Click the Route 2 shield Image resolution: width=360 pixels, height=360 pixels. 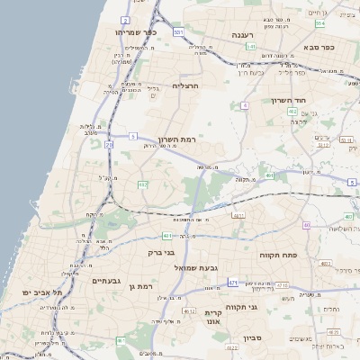(x=125, y=19)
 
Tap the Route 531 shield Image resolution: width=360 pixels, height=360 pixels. (x=179, y=32)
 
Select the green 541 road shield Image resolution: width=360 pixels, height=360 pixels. (x=251, y=47)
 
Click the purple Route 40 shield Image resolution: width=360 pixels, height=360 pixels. (x=306, y=225)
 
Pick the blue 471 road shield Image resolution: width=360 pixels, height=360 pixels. (x=233, y=283)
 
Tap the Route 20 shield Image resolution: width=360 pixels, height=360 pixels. (x=109, y=144)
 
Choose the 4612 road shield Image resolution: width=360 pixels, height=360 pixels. (x=189, y=310)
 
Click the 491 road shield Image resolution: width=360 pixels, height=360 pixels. (x=270, y=176)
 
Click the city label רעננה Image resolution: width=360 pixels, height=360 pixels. (x=241, y=34)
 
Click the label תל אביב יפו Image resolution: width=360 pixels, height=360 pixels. (x=45, y=292)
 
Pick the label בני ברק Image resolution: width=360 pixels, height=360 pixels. (x=159, y=253)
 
